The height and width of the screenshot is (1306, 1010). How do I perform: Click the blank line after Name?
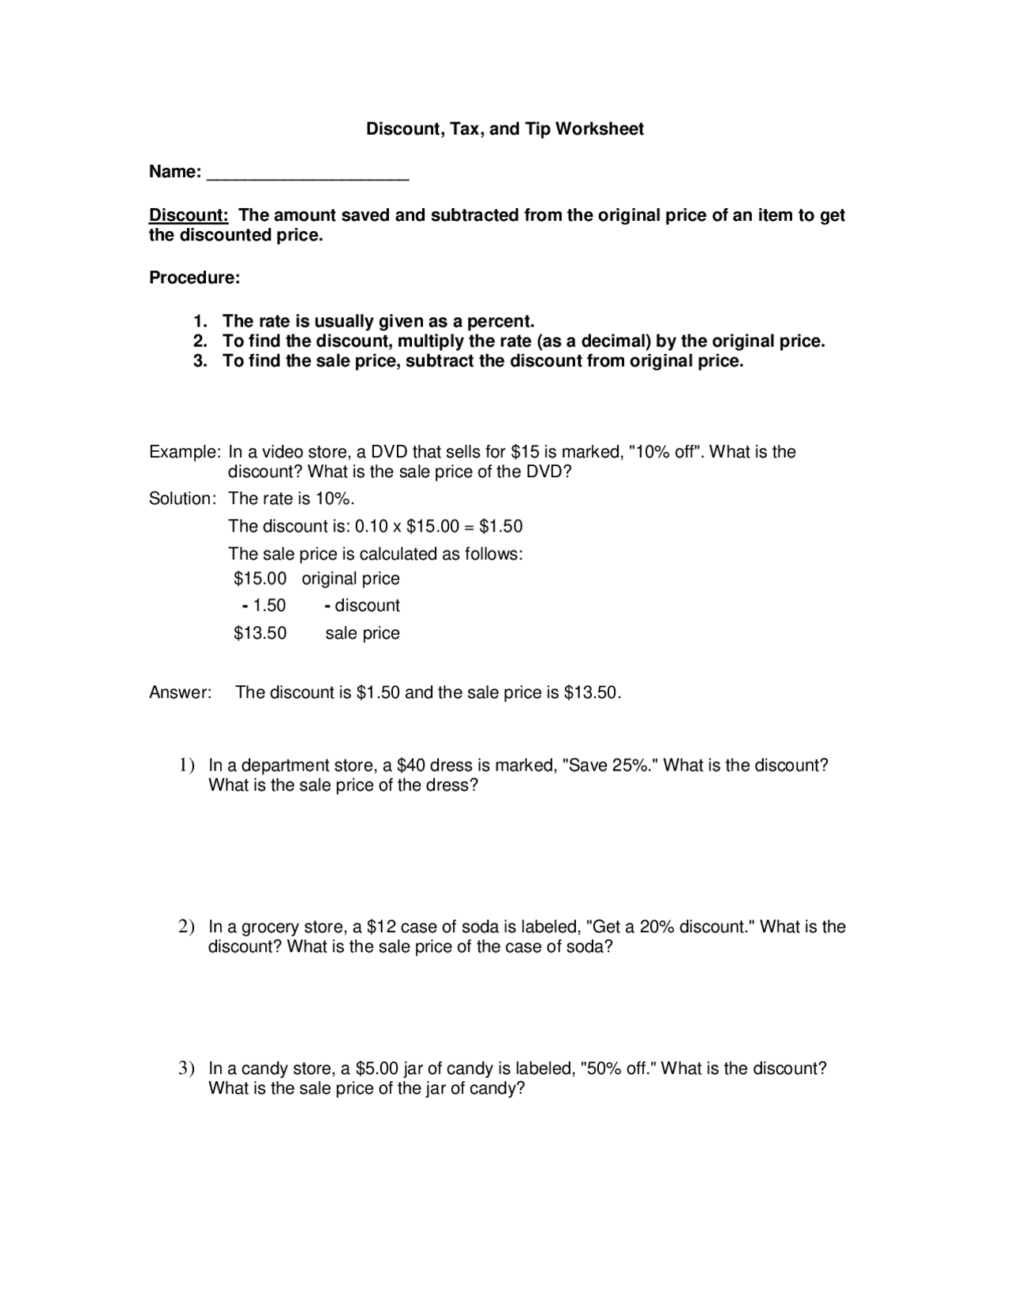[308, 177]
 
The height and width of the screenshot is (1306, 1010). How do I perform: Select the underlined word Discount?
[189, 215]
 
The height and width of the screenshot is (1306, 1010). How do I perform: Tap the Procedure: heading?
[194, 278]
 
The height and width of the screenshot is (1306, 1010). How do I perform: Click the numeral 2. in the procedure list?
[200, 341]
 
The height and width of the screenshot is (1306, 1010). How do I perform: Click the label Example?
[185, 453]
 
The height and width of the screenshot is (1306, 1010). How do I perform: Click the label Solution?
[182, 499]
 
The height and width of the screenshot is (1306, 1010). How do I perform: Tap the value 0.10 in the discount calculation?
[372, 527]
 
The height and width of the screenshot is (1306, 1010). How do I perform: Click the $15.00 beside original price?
[260, 579]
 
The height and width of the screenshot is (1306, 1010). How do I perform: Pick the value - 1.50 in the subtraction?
[264, 606]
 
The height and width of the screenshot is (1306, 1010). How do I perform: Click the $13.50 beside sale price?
[260, 633]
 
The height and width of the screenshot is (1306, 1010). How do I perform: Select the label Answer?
[180, 693]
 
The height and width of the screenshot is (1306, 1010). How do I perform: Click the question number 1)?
[186, 766]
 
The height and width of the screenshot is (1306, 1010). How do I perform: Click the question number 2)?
[186, 927]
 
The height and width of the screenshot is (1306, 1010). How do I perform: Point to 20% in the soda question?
[656, 927]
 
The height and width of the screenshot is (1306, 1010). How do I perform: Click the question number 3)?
[186, 1069]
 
